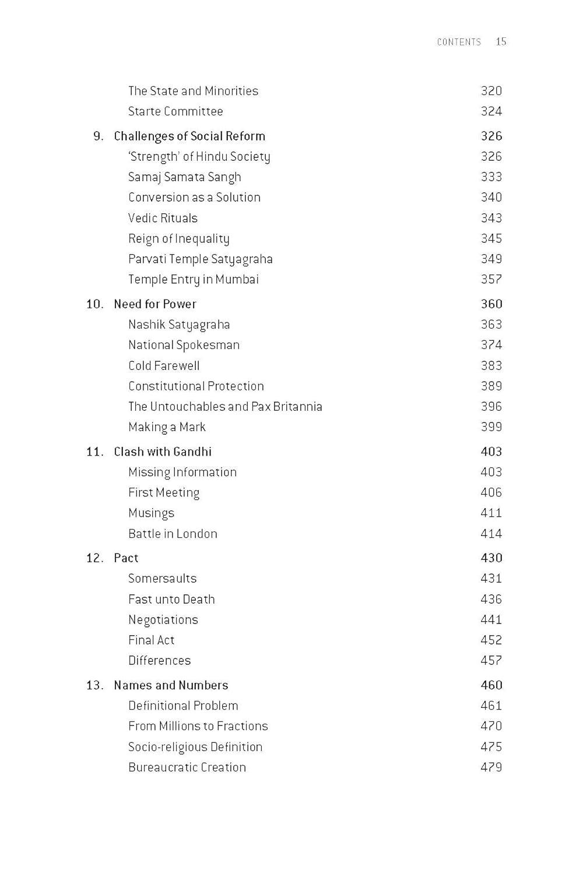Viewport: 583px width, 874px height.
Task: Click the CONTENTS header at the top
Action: point(459,42)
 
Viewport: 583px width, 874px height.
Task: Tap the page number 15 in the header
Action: point(501,41)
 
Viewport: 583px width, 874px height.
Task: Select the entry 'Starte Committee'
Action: point(175,111)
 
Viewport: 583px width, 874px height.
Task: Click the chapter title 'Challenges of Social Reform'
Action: point(189,136)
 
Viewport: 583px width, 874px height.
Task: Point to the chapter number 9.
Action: point(98,136)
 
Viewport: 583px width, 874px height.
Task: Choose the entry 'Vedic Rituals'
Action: point(163,218)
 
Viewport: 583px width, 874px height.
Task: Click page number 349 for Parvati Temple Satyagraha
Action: point(491,259)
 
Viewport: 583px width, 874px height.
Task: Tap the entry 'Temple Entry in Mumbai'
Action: point(193,279)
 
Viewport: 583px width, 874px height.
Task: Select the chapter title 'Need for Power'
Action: point(155,304)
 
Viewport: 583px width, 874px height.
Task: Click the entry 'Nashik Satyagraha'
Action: point(179,325)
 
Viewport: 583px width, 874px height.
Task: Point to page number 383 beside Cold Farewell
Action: point(491,365)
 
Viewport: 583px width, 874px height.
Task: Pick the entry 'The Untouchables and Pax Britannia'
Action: point(225,406)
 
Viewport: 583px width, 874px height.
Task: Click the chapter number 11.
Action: point(94,452)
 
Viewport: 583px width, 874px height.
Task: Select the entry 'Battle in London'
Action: point(173,534)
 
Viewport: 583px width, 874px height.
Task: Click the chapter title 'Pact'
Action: point(126,558)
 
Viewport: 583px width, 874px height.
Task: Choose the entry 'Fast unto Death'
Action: point(171,599)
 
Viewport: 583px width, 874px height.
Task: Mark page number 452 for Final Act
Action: point(491,640)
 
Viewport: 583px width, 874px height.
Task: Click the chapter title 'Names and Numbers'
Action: point(171,685)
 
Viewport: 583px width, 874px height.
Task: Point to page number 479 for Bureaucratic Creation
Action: point(491,767)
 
